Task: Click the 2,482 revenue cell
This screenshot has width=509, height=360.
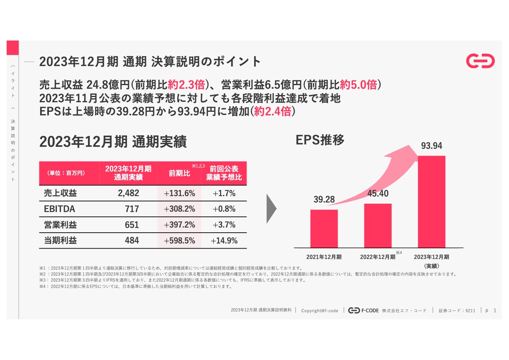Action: pyautogui.click(x=128, y=193)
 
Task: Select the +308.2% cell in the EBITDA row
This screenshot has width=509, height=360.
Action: pyautogui.click(x=179, y=209)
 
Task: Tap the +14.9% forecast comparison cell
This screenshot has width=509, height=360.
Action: pyautogui.click(x=224, y=241)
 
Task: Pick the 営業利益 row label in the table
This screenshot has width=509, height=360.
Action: pyautogui.click(x=60, y=225)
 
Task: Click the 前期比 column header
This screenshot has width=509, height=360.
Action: pyautogui.click(x=179, y=173)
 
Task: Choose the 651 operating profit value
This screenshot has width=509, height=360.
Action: pyautogui.click(x=132, y=225)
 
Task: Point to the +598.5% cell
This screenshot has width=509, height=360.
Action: pyautogui.click(x=179, y=241)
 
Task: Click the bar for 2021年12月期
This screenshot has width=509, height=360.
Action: pyautogui.click(x=324, y=229)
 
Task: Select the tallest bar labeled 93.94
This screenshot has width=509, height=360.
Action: pyautogui.click(x=431, y=202)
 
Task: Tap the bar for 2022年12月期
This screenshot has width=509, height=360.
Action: pyautogui.click(x=378, y=226)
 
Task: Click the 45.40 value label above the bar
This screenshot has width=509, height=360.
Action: pyautogui.click(x=378, y=194)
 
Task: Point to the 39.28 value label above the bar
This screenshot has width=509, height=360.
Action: pyautogui.click(x=324, y=200)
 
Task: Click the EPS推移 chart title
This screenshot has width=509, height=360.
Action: pyautogui.click(x=320, y=140)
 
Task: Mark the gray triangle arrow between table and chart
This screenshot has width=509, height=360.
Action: pyautogui.click(x=271, y=209)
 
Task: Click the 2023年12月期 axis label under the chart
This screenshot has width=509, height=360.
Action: pyautogui.click(x=431, y=257)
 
